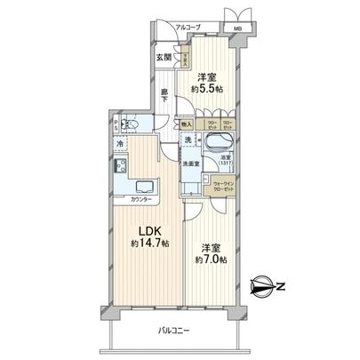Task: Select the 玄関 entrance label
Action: [164, 59]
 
